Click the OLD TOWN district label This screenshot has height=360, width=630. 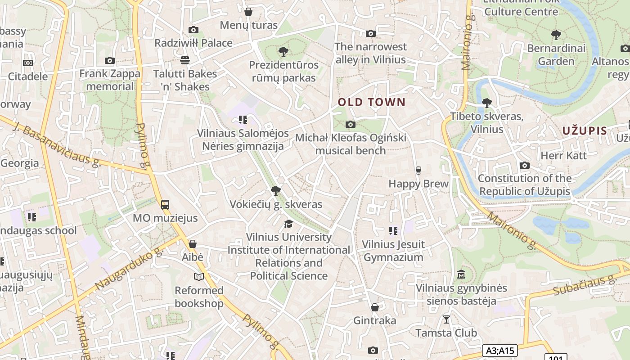(x=372, y=102)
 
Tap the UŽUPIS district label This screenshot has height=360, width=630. (x=585, y=131)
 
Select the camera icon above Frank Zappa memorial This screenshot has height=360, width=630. (x=109, y=60)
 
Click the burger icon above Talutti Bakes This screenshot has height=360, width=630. (x=184, y=60)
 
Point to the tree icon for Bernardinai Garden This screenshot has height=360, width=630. (x=556, y=35)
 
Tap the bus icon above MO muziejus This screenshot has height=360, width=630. (x=165, y=205)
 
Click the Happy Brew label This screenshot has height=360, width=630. (x=418, y=184)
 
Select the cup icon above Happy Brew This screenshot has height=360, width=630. (x=418, y=170)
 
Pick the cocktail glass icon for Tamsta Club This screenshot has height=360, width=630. (x=446, y=319)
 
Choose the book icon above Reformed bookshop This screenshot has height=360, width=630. (x=199, y=277)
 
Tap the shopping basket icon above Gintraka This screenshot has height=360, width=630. (x=374, y=307)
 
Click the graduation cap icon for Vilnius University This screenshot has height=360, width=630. (x=288, y=224)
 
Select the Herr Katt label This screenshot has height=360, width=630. (x=563, y=156)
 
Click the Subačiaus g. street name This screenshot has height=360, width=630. (x=584, y=285)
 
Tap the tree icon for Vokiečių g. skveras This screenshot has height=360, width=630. (x=276, y=191)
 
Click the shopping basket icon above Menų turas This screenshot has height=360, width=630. (x=248, y=12)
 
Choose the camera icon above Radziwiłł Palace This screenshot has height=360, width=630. (x=193, y=30)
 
